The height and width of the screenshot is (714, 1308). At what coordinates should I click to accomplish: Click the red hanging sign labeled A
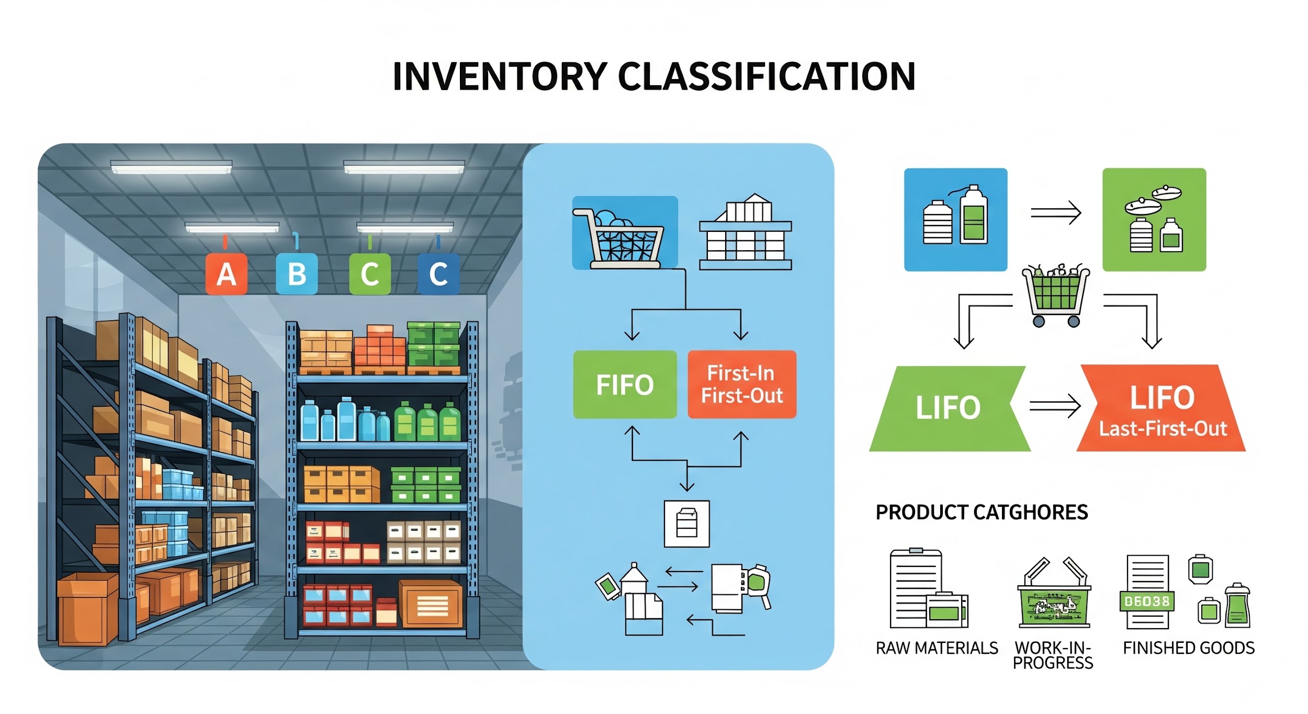pyautogui.click(x=226, y=273)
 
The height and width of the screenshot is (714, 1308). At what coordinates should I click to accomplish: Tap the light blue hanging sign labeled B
pyautogui.click(x=297, y=273)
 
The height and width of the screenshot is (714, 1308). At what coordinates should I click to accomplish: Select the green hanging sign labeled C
pyautogui.click(x=370, y=273)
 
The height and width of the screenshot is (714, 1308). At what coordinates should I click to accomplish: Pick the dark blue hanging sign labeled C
pyautogui.click(x=438, y=273)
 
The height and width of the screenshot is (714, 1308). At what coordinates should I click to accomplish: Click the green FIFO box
pyautogui.click(x=625, y=385)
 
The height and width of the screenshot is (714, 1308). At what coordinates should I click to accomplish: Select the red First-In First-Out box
pyautogui.click(x=742, y=385)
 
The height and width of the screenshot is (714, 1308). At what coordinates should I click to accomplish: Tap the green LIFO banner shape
pyautogui.click(x=948, y=408)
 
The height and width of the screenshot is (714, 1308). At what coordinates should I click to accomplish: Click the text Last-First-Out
pyautogui.click(x=1163, y=429)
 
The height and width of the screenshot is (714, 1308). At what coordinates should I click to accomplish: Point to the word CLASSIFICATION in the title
pyautogui.click(x=766, y=76)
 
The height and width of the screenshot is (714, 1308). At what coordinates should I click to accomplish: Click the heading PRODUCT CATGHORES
pyautogui.click(x=982, y=512)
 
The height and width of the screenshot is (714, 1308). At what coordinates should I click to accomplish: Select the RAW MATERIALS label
pyautogui.click(x=937, y=648)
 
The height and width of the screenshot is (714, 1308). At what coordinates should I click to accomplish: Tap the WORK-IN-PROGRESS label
pyautogui.click(x=1053, y=655)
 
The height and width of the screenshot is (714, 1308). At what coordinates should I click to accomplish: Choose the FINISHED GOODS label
pyautogui.click(x=1189, y=648)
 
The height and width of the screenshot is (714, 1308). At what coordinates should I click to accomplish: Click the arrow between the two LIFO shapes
pyautogui.click(x=1055, y=406)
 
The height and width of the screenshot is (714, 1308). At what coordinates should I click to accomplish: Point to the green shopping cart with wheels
pyautogui.click(x=1056, y=295)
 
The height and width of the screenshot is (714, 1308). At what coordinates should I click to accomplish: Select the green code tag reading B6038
pyautogui.click(x=1146, y=601)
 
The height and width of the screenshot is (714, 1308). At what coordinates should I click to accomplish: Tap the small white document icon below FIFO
pyautogui.click(x=686, y=523)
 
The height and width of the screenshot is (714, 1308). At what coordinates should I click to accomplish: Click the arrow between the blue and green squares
pyautogui.click(x=1055, y=213)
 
